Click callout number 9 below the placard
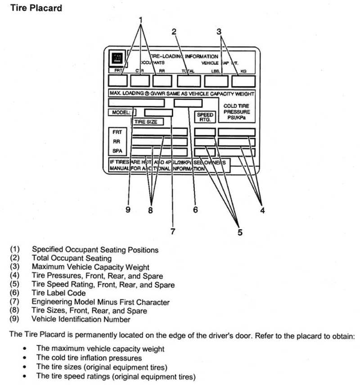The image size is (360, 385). (x=128, y=210)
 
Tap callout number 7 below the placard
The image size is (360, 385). (x=172, y=231)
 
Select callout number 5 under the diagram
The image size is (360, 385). (x=240, y=232)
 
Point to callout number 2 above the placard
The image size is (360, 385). (x=173, y=31)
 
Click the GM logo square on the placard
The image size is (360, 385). (x=117, y=59)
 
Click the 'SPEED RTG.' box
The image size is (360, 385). (x=205, y=116)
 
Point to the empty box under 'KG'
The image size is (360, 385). (x=243, y=81)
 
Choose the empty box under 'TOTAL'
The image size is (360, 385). (x=188, y=81)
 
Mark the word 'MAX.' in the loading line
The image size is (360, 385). (x=116, y=94)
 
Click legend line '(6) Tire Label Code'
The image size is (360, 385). (x=58, y=293)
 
